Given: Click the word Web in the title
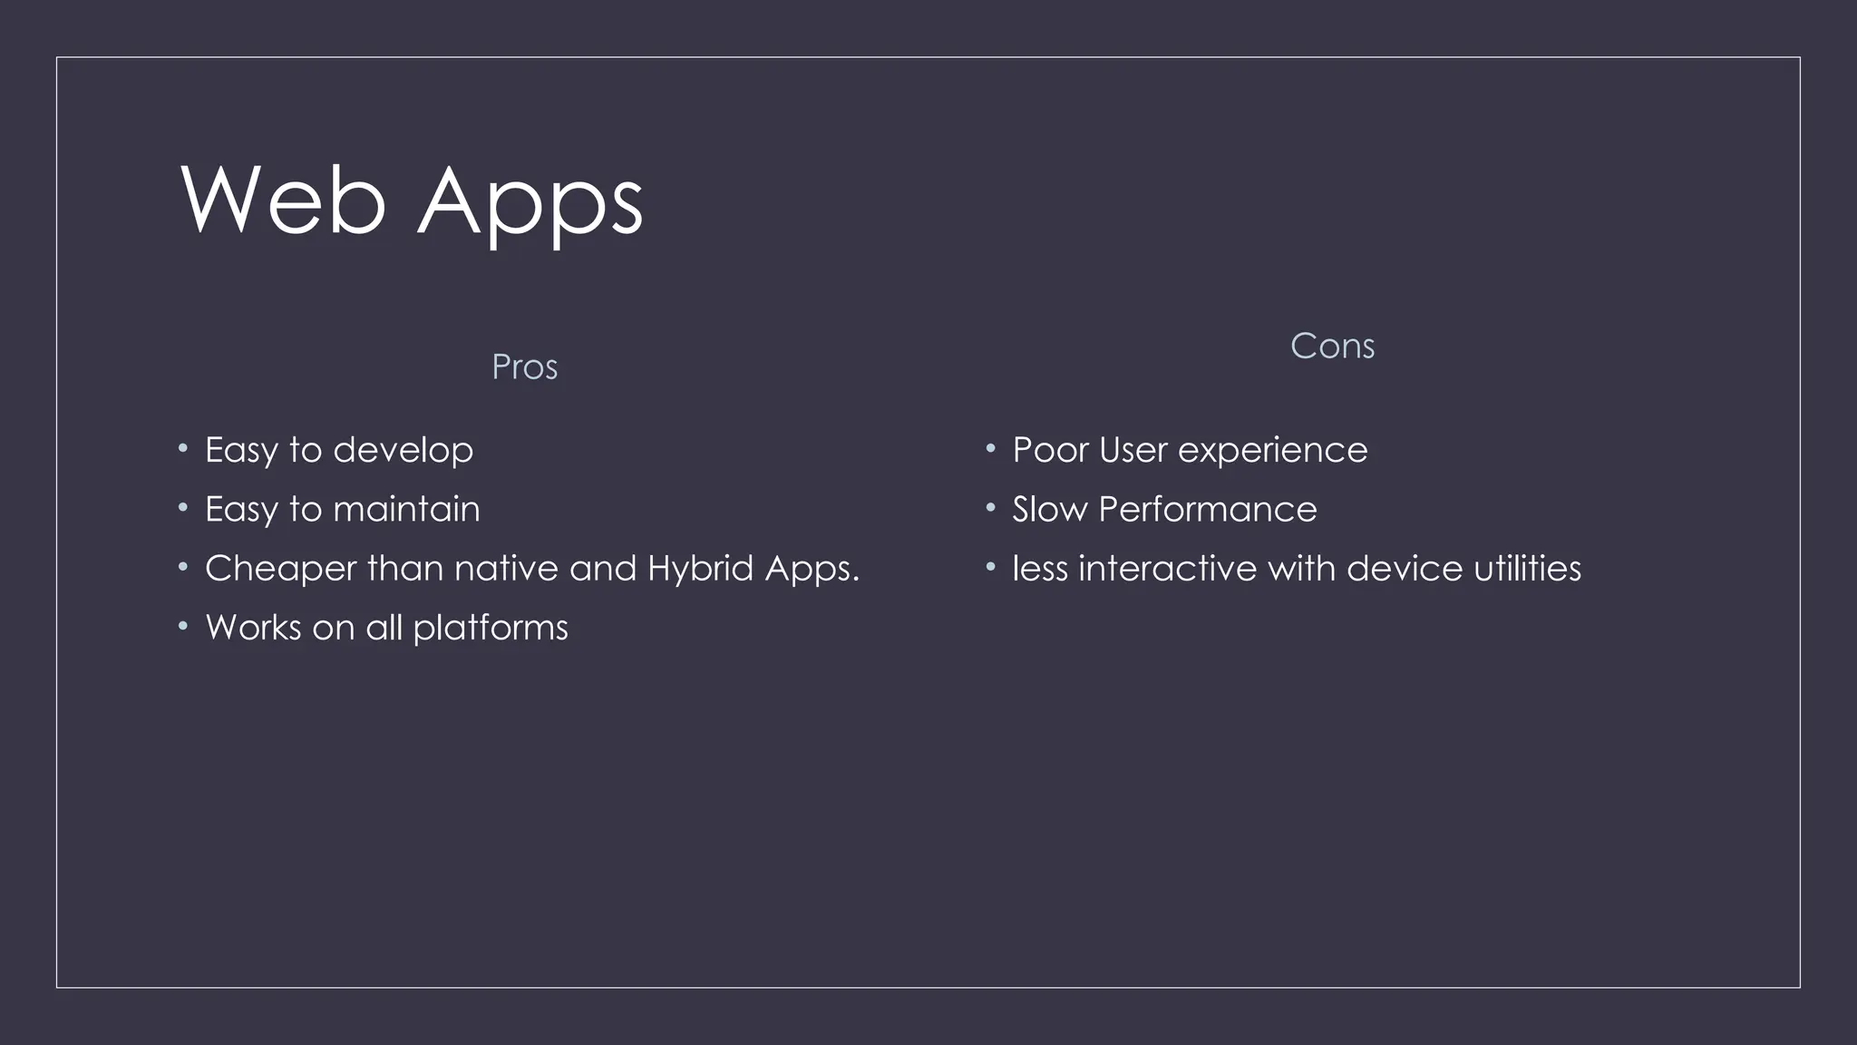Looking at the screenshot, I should pos(283,200).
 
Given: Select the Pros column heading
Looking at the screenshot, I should pos(524,367).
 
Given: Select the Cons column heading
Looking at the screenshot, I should pos(1331,347).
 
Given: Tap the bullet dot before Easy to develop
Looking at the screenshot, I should pos(183,448).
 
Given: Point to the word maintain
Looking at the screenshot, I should pos(406,509).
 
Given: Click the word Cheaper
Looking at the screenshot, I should pos(281,569).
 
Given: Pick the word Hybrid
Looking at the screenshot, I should pos(700,569).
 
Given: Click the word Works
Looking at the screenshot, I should pos(253,628).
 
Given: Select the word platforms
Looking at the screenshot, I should pos(490,629).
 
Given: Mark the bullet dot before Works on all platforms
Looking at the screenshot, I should pos(183,626).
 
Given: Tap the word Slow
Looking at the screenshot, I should pos(1049,509).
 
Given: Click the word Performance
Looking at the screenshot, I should pos(1207,509).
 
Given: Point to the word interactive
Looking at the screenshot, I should pos(1167,569).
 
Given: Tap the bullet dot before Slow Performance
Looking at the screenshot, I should pos(991,507).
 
